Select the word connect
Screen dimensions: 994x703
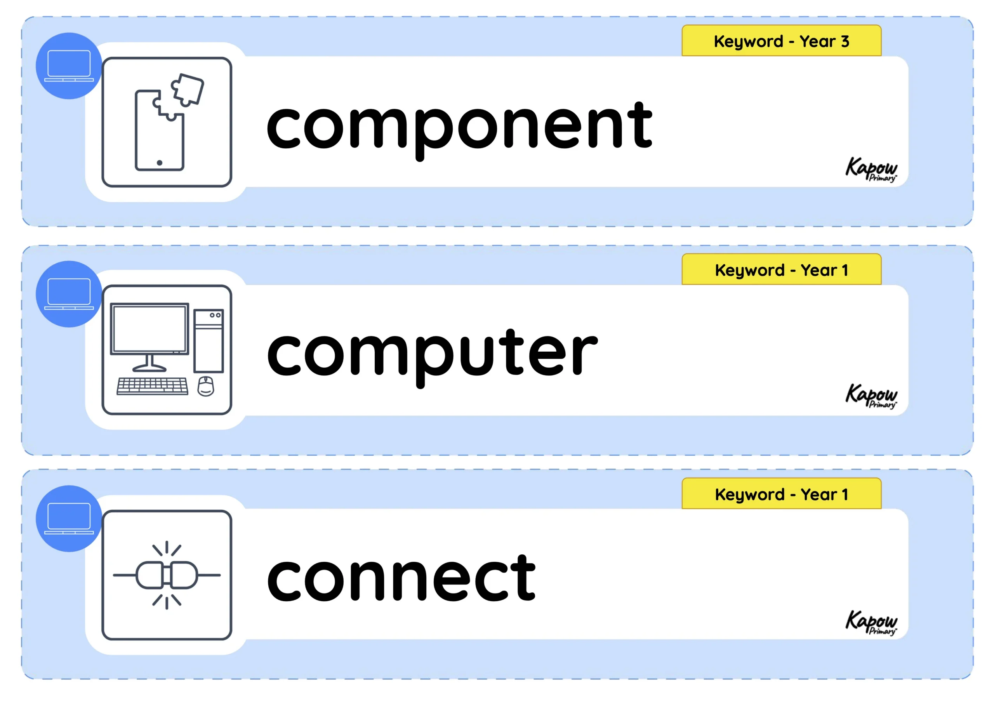click(401, 578)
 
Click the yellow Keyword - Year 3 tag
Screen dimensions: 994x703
click(782, 41)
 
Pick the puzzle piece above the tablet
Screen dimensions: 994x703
click(188, 89)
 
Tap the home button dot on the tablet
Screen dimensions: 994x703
click(159, 163)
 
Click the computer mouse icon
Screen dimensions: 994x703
click(206, 386)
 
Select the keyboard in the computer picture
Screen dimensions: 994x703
click(152, 386)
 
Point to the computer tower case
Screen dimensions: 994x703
click(209, 341)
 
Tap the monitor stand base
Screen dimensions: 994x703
click(149, 368)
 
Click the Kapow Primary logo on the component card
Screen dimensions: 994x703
click(871, 169)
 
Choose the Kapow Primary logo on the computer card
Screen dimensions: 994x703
click(871, 396)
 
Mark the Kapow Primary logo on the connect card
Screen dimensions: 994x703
click(871, 623)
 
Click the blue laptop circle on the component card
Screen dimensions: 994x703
click(69, 66)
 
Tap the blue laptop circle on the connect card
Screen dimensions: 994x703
click(69, 519)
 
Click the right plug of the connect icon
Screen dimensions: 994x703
click(184, 575)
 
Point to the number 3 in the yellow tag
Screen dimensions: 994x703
click(845, 41)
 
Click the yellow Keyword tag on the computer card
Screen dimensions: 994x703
click(782, 269)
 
